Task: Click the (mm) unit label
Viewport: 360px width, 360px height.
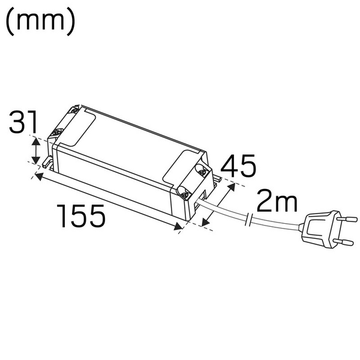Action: (40, 22)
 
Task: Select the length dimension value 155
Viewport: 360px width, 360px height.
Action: (82, 215)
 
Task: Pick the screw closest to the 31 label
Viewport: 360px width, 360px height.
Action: (59, 132)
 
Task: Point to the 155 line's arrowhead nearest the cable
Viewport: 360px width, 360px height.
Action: (178, 227)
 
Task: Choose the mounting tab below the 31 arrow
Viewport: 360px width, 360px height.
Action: (46, 161)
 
